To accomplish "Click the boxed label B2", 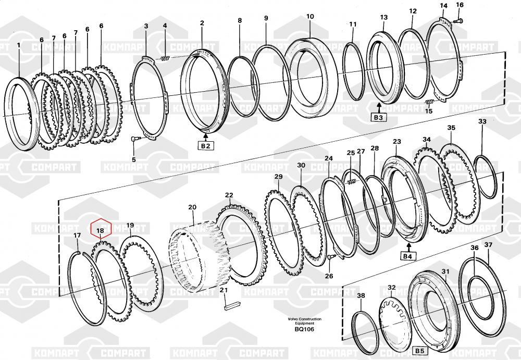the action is coord(206,145).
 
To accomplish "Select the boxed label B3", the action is coord(378,117).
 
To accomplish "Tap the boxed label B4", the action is coord(407,256).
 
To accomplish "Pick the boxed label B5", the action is coord(419,351).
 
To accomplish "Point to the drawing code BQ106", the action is coord(304,329).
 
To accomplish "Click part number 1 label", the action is coord(19,45).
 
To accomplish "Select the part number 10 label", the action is coord(309,16).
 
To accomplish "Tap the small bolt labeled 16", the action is coord(458,21).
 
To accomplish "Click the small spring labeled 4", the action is coord(165,59).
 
